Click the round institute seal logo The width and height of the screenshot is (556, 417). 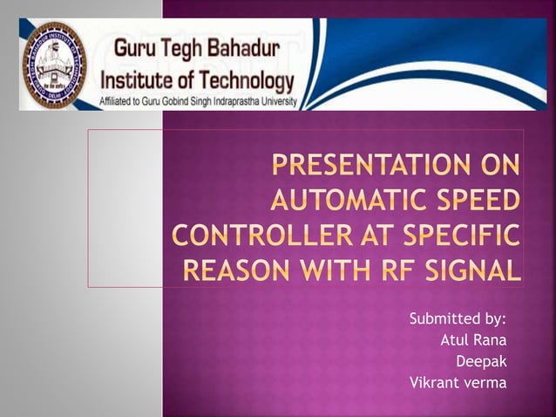point(54,65)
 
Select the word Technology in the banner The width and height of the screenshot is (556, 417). point(242,81)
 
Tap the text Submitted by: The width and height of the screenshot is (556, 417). point(458,318)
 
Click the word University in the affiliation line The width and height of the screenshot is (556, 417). point(281,102)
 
